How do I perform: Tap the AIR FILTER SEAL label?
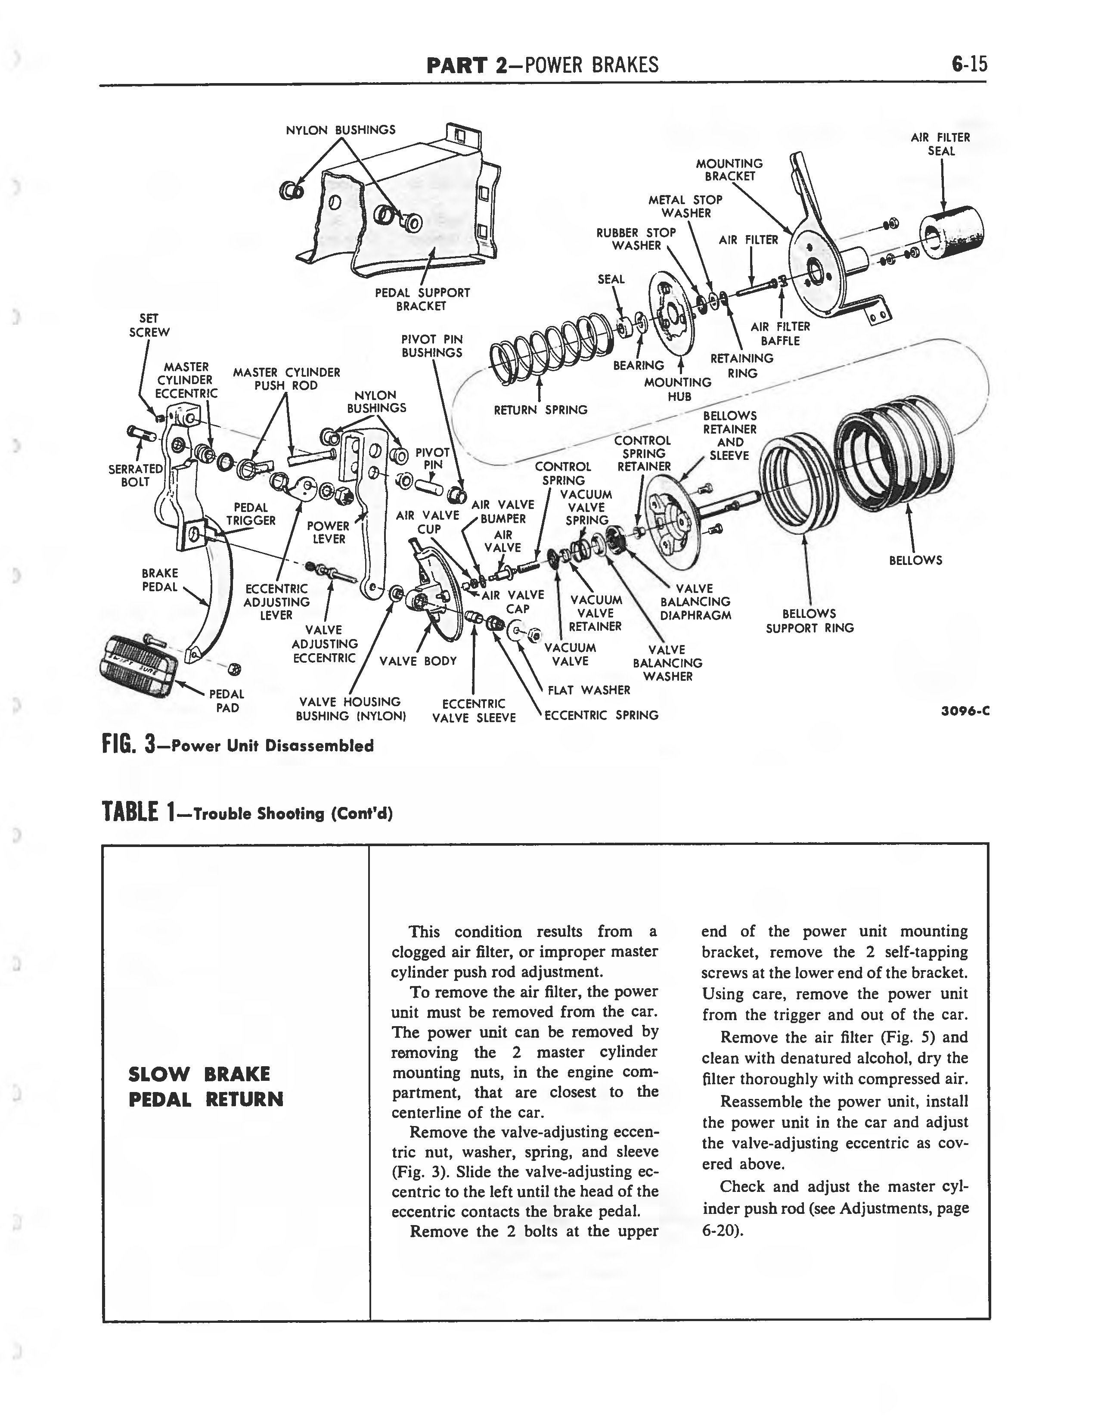click(940, 144)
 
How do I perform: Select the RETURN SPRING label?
click(540, 410)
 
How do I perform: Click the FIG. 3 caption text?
click(237, 745)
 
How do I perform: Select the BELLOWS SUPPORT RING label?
click(809, 621)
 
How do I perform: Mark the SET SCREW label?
click(149, 325)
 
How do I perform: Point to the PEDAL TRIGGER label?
click(251, 514)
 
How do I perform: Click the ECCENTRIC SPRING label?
click(601, 716)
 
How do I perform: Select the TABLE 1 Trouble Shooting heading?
click(247, 813)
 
